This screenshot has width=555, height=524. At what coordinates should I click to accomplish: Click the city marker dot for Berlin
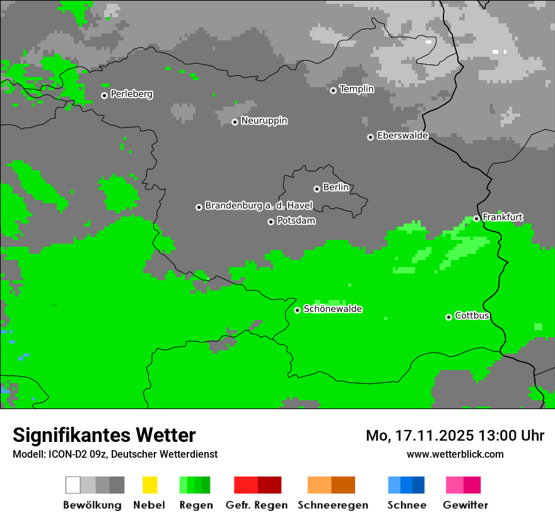317,189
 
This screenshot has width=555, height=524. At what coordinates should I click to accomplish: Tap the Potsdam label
296,221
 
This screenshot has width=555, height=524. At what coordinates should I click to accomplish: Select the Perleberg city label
132,94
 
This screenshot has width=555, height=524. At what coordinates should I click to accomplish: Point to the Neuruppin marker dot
235,122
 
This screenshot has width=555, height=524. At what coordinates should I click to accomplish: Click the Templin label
357,89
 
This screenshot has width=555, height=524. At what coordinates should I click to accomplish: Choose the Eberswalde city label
402,136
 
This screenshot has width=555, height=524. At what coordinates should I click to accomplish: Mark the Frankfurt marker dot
476,218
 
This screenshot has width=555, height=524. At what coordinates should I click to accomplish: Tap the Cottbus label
472,316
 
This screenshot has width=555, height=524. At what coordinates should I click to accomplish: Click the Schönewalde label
333,309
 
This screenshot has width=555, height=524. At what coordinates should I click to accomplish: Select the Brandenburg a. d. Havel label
259,206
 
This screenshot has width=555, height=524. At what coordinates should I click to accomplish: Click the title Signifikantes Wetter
104,435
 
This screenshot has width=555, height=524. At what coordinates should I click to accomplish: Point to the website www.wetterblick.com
455,454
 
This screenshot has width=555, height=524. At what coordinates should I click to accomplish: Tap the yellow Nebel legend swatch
149,485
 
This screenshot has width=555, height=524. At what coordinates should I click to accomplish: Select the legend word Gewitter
465,505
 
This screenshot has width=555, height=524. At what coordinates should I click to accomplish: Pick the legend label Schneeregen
332,505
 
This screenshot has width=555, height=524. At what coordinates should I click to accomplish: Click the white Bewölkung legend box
73,485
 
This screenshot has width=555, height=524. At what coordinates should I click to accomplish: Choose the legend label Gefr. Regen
257,505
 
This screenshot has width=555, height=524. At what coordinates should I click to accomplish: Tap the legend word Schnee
407,505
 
